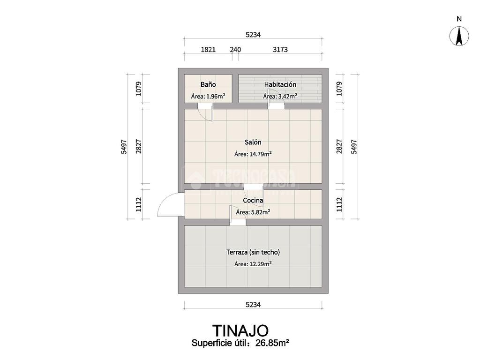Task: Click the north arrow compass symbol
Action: [x=459, y=36]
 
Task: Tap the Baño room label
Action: [x=208, y=85]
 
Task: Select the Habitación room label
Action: [x=280, y=85]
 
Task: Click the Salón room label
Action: [x=253, y=142]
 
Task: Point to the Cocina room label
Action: [x=253, y=201]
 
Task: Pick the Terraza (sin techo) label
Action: [x=253, y=252]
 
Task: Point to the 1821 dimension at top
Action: [x=208, y=50]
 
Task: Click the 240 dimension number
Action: [x=235, y=50]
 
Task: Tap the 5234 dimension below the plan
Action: [x=253, y=305]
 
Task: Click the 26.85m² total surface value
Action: [x=271, y=343]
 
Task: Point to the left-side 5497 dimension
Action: [x=124, y=147]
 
